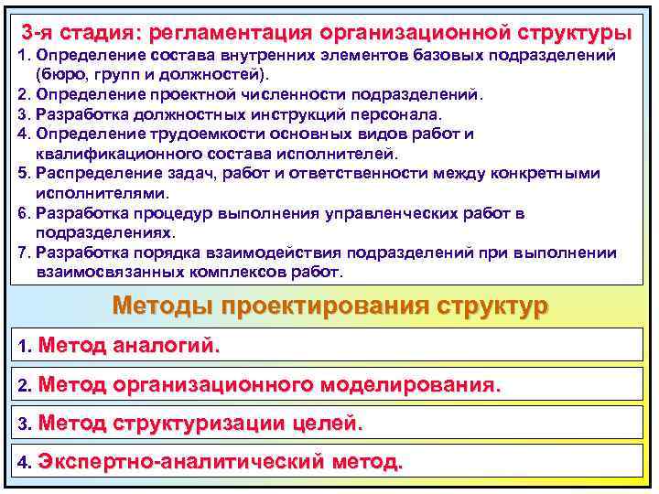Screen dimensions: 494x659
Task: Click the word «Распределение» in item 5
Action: tap(87, 174)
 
